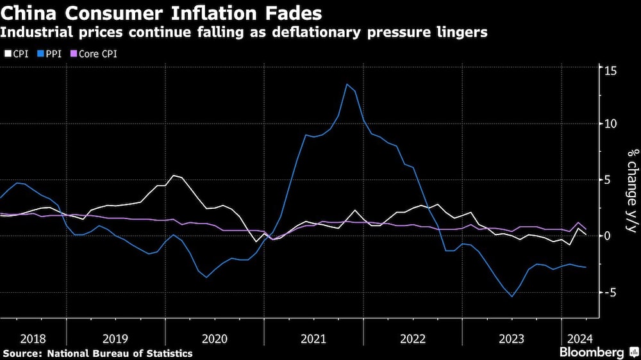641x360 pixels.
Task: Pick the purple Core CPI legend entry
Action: [94, 53]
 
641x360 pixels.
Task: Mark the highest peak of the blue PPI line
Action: [347, 84]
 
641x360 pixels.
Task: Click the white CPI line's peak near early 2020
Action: [174, 175]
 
